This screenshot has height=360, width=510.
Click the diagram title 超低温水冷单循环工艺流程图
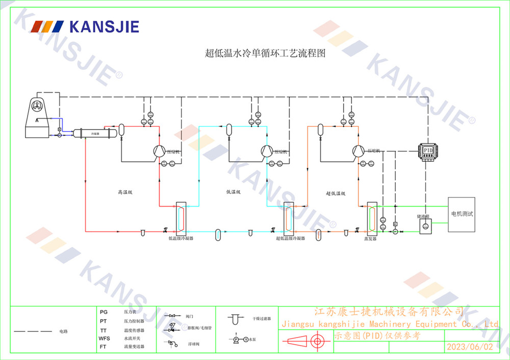pos(265,53)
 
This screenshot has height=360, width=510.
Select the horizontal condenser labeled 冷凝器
pos(95,133)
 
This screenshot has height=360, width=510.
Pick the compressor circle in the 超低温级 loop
pos(359,150)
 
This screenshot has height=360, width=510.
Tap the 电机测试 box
pos(462,214)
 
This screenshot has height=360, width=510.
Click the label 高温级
pos(125,193)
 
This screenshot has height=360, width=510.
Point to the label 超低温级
pos(336,193)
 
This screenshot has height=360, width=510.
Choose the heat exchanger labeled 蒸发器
pos(371,219)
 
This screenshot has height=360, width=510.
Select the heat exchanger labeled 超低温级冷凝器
pos(289,218)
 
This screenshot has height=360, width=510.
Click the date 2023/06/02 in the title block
pos(470,347)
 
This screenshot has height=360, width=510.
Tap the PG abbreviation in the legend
pos(104,311)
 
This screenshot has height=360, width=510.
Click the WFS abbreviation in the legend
pos(104,339)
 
